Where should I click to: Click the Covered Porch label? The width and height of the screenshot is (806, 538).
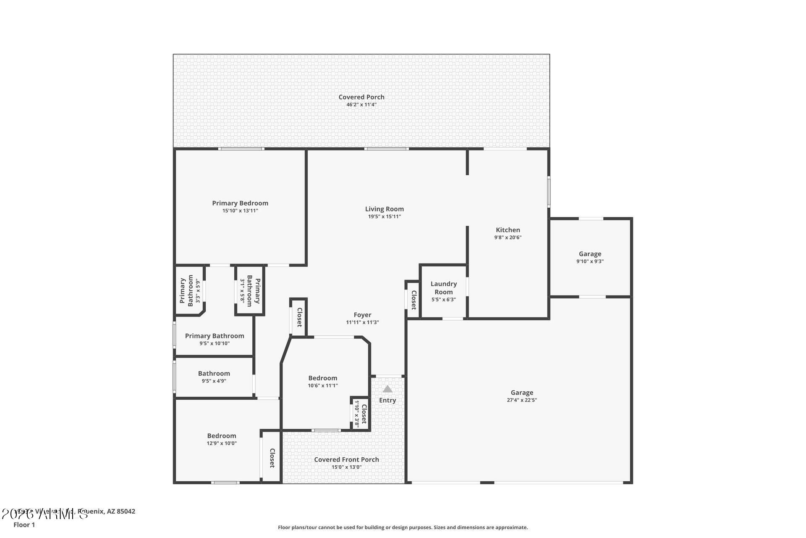361,97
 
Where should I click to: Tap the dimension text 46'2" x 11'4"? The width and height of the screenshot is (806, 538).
361,105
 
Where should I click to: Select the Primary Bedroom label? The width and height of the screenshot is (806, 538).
240,203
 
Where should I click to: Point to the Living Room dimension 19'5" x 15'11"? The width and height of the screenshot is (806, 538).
385,216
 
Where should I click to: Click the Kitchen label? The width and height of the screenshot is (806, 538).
508,230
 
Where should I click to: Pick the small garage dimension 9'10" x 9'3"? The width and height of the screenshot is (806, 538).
590,261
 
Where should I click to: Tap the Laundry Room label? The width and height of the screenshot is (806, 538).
444,288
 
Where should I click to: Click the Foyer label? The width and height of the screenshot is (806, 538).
362,315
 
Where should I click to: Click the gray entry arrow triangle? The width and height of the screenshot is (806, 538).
387,389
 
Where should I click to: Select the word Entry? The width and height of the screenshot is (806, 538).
387,400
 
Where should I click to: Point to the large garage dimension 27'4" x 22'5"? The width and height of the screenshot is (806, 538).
522,400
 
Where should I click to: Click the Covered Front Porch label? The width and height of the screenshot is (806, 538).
346,459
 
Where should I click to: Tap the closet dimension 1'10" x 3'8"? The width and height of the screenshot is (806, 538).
357,414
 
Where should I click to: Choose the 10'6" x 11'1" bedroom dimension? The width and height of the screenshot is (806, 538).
323,385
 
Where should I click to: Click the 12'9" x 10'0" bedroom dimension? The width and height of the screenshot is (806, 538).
222,443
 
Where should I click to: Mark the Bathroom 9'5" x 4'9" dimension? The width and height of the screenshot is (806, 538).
214,381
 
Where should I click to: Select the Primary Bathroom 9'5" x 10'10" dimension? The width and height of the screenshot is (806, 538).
214,343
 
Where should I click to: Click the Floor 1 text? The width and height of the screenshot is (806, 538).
24,525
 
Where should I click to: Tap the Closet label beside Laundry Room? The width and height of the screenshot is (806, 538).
413,299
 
